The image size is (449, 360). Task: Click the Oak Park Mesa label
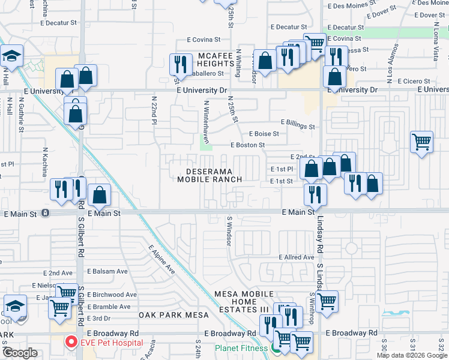point(174,314)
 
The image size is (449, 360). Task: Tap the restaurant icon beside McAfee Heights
point(179,63)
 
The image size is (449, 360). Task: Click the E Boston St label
point(248,145)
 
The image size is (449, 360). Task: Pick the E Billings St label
point(297,127)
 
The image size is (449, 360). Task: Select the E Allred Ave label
point(297,257)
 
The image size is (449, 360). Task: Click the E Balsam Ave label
point(108,271)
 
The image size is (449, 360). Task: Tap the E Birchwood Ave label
point(112,295)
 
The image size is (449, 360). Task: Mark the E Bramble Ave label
point(109,307)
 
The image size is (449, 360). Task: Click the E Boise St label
point(264,134)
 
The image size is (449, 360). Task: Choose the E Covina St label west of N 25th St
point(203,40)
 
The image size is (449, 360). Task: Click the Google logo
point(20,353)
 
